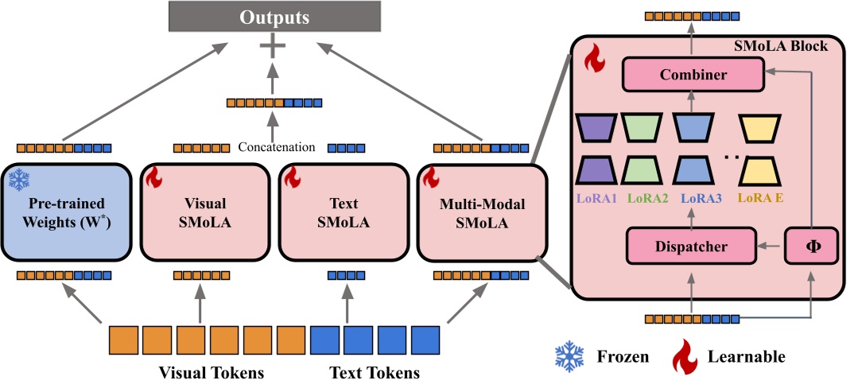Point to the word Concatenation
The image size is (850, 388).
pyautogui.click(x=276, y=147)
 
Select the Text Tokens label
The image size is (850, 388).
pyautogui.click(x=375, y=373)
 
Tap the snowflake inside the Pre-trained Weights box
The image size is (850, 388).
pyautogui.click(x=18, y=180)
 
